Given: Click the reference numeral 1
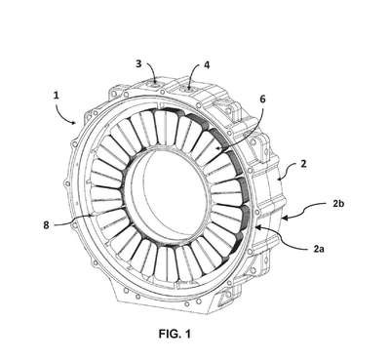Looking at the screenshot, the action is [x=57, y=96].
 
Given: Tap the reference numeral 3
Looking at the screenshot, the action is [x=138, y=64].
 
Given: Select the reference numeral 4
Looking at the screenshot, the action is [x=207, y=65].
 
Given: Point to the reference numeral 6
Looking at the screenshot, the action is [x=262, y=99].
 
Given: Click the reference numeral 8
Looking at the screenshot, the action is [x=47, y=225].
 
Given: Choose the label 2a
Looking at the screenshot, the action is [x=319, y=249].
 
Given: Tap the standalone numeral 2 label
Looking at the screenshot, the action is [x=303, y=164].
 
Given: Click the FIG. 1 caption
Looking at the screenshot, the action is [x=175, y=334].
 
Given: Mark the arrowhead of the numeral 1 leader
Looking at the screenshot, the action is [x=74, y=122].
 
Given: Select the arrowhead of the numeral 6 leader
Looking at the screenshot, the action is [x=215, y=149].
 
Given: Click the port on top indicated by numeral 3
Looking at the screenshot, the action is [x=155, y=86].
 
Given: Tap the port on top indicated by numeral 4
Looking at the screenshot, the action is [x=188, y=87].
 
